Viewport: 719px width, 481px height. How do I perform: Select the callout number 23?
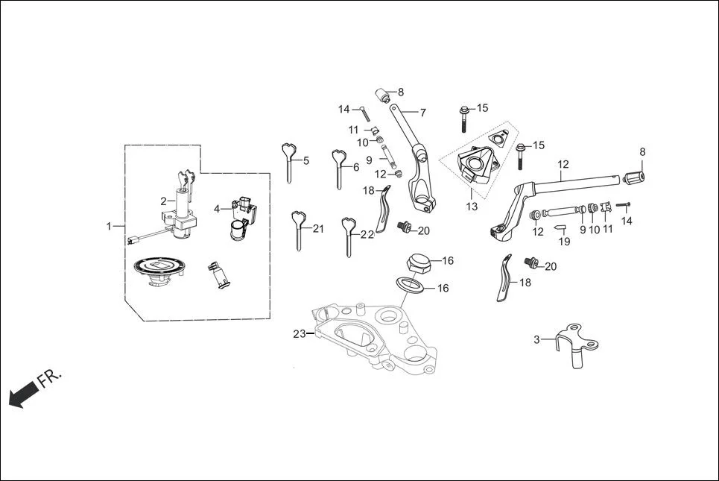tap(299, 334)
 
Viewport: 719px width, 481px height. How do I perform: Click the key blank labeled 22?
tap(348, 233)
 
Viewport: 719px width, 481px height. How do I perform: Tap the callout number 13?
tap(472, 207)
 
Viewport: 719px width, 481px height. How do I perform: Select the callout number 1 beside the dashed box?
tap(109, 225)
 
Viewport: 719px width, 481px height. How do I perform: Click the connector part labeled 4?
tap(242, 218)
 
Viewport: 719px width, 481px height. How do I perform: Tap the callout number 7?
tap(422, 113)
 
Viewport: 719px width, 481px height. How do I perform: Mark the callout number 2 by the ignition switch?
tap(163, 201)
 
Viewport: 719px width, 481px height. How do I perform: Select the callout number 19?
tap(564, 242)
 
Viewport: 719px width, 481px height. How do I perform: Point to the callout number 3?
tap(536, 340)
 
